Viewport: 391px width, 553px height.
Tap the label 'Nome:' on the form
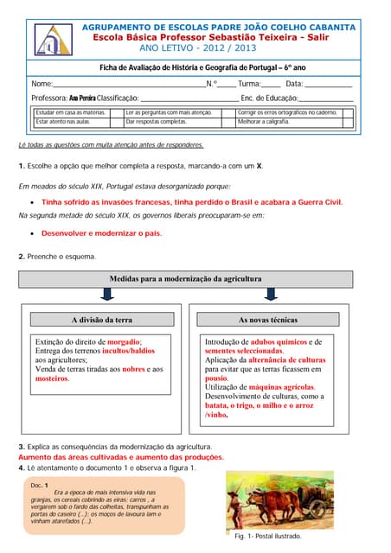pos(42,83)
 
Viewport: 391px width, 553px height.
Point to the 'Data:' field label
pos(294,83)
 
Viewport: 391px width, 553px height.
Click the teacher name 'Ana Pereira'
pos(82,99)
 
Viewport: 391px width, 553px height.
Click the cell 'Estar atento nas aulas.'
pos(61,122)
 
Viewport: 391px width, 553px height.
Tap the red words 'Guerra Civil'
pos(318,201)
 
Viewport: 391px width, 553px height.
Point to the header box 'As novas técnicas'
pos(267,319)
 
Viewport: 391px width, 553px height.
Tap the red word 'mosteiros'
pos(52,378)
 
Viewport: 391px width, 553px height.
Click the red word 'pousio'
pos(216,378)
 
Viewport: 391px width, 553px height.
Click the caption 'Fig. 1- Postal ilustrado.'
pos(267,536)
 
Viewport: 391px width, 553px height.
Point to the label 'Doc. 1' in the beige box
pos(39,485)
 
